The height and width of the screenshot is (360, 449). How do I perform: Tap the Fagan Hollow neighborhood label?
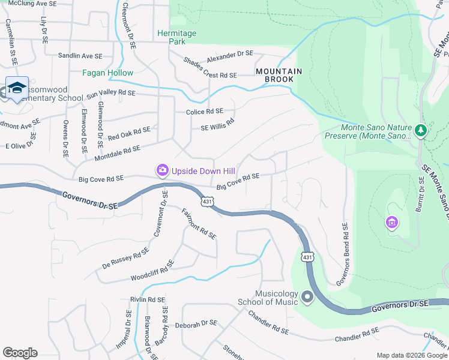pyautogui.click(x=108, y=73)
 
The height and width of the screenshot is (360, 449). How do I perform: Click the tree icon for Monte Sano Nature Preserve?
pyautogui.click(x=421, y=130)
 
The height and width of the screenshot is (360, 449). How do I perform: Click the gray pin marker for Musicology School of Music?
pyautogui.click(x=307, y=297)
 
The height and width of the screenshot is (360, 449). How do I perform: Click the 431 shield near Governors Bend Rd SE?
pyautogui.click(x=307, y=257)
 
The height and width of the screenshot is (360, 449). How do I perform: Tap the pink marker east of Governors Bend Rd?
pyautogui.click(x=391, y=223)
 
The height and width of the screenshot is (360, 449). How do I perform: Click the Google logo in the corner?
pyautogui.click(x=20, y=353)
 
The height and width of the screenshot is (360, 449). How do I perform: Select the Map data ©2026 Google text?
pyautogui.click(x=412, y=355)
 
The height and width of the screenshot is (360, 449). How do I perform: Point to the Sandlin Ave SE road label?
pyautogui.click(x=80, y=56)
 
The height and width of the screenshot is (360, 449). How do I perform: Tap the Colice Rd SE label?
pyautogui.click(x=200, y=112)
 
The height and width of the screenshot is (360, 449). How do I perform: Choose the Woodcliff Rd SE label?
pyautogui.click(x=152, y=271)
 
